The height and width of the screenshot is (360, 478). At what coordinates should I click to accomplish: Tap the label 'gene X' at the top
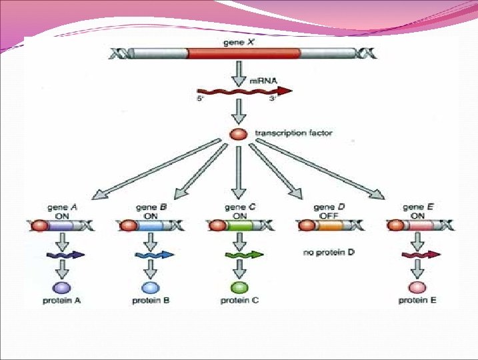click(x=239, y=41)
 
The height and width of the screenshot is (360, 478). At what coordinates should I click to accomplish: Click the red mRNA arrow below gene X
click(x=244, y=91)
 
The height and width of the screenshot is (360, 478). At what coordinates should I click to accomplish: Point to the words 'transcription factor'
click(x=293, y=133)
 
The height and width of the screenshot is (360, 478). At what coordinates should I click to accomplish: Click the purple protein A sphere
click(x=62, y=287)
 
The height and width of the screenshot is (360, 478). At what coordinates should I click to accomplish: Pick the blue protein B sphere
click(x=151, y=287)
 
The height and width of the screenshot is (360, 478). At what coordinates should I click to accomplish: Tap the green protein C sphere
click(x=239, y=287)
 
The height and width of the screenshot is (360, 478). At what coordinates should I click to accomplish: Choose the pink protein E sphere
click(x=418, y=287)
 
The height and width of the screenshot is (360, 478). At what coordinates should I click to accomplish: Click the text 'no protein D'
click(x=327, y=253)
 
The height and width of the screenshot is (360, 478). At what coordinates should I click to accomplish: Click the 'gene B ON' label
click(x=151, y=211)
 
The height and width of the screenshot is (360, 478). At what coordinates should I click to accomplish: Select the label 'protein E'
click(x=418, y=301)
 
